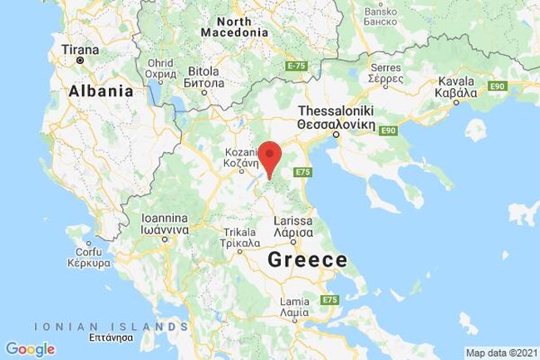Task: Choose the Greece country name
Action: pyautogui.click(x=307, y=260)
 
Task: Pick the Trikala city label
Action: pyautogui.click(x=235, y=239)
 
